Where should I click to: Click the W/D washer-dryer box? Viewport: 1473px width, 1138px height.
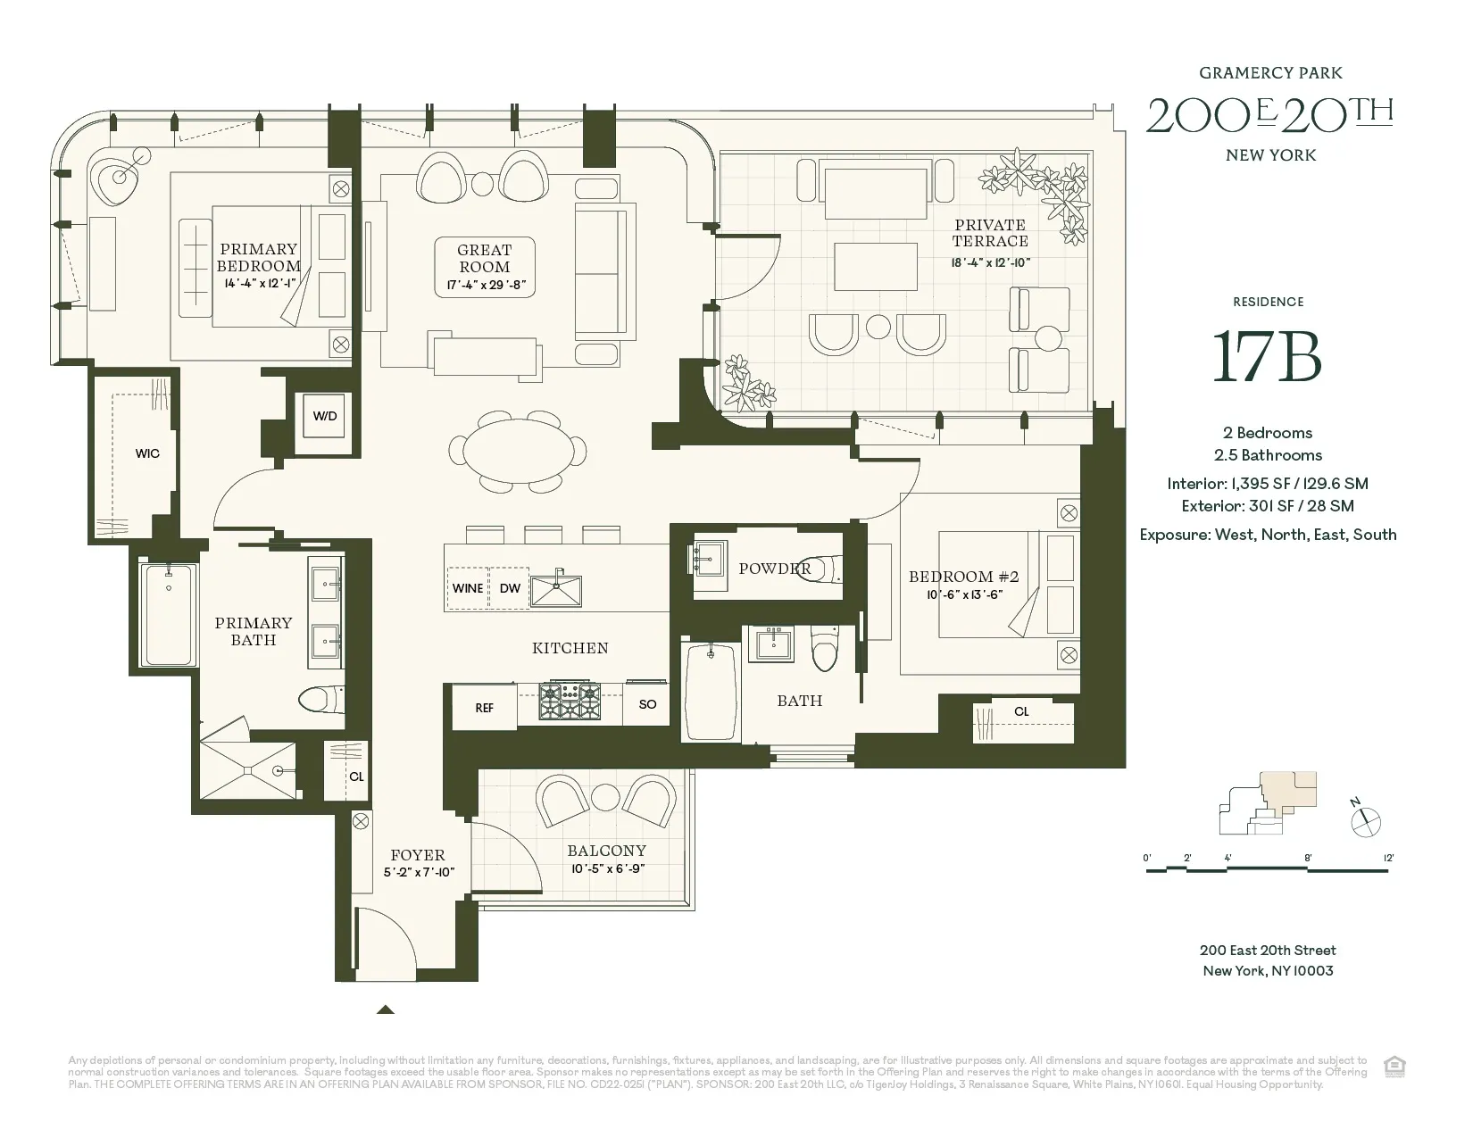(x=325, y=417)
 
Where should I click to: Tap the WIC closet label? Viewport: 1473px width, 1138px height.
(x=147, y=453)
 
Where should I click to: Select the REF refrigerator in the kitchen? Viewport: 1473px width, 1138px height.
(x=484, y=708)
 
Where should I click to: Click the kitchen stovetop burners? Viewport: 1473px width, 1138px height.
(x=569, y=702)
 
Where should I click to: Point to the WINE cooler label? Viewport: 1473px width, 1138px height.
(x=468, y=588)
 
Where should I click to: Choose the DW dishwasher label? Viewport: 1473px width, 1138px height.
(x=510, y=588)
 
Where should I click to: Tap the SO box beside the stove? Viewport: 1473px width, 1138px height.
(x=647, y=704)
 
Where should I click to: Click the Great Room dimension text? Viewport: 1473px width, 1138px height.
(x=485, y=287)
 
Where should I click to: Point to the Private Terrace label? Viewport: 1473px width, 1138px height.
(x=989, y=233)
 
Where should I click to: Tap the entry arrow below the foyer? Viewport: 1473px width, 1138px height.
(x=385, y=1009)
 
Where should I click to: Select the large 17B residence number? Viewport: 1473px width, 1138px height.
(x=1267, y=356)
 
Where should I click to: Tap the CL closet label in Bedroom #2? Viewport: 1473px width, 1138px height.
(x=1021, y=711)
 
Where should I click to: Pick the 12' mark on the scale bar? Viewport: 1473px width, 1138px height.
(x=1388, y=858)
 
